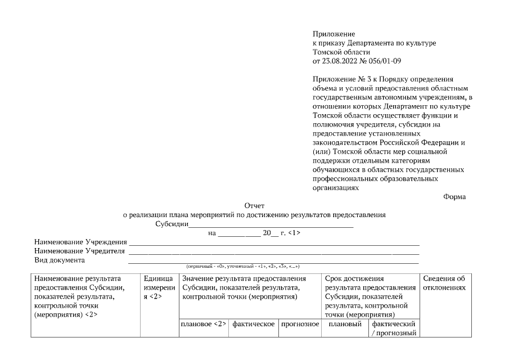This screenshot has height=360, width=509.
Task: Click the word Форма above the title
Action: tap(454, 196)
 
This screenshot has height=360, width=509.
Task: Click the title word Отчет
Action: tap(254, 206)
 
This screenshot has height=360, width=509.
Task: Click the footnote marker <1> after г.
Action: tap(294, 232)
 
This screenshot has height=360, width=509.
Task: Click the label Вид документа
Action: tap(60, 260)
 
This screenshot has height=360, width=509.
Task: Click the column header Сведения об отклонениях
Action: tap(444, 283)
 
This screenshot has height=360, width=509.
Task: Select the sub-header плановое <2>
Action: tap(203, 324)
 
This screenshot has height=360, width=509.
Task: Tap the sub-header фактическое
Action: tap(253, 324)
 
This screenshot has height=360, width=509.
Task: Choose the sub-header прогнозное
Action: tap(300, 324)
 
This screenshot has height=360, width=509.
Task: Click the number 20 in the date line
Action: tap(267, 232)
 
